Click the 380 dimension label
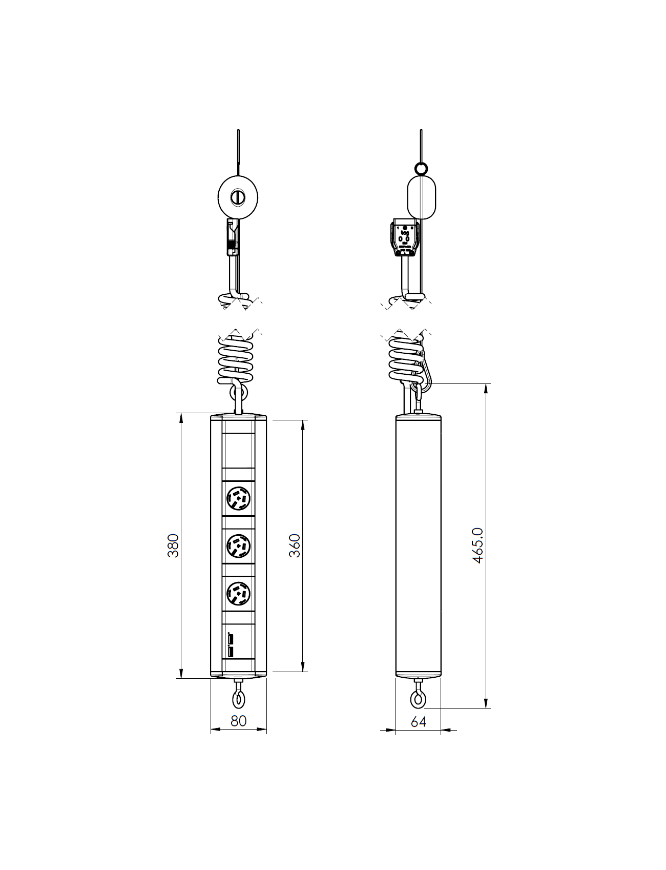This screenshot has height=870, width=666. tap(174, 545)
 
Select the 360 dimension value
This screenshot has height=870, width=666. tap(295, 545)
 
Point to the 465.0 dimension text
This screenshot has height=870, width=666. tap(477, 545)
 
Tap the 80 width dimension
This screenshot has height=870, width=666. tap(238, 720)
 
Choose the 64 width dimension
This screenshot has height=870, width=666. tap(418, 721)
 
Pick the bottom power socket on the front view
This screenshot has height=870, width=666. tap(238, 594)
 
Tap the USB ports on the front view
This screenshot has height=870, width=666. tap(231, 645)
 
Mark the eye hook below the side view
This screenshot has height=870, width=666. tap(418, 698)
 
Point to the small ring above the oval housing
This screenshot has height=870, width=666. tap(421, 168)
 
